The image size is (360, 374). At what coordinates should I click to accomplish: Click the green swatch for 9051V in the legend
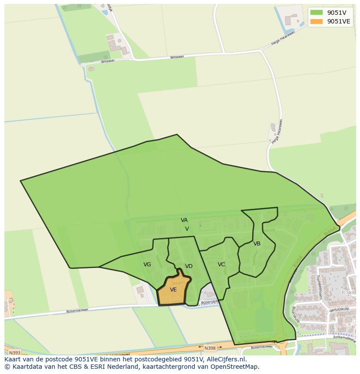[317, 13]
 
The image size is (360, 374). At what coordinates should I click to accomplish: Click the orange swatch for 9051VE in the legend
[317, 21]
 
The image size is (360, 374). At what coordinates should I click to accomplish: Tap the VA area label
[184, 220]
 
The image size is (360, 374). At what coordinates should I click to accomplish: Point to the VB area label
[257, 244]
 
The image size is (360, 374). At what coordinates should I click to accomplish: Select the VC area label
[221, 264]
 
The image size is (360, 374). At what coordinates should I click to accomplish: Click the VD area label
[189, 266]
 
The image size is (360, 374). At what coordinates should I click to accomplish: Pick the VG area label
[147, 265]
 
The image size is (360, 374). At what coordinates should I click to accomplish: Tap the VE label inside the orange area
[173, 290]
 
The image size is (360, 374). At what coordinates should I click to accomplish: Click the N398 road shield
[210, 348]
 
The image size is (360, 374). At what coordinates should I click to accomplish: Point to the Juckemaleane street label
[344, 337]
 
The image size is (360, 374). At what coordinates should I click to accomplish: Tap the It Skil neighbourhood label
[348, 293]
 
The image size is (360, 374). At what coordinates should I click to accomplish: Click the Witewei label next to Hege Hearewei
[177, 57]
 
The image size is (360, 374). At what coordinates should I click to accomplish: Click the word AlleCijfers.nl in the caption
[224, 360]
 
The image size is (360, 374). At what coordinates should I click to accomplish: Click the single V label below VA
[187, 228]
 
